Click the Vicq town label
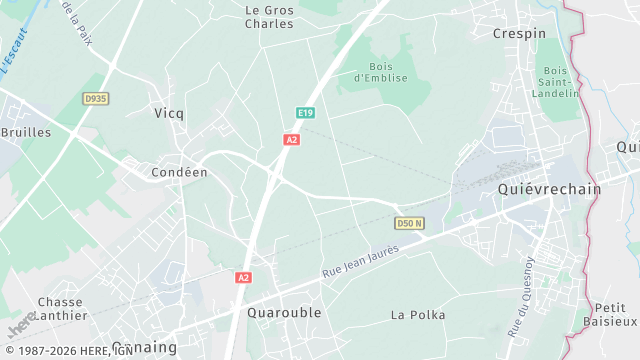(169, 113)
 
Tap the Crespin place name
(519, 33)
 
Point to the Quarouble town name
(284, 312)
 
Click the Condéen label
(179, 172)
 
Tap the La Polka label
(418, 314)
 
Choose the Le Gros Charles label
(270, 16)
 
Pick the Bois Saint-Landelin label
(558, 81)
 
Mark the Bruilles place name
(25, 132)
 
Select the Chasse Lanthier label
(60, 308)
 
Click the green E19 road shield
(305, 113)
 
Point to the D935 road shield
(96, 98)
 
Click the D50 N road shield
(410, 222)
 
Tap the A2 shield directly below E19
(291, 140)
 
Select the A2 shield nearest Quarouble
(243, 277)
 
